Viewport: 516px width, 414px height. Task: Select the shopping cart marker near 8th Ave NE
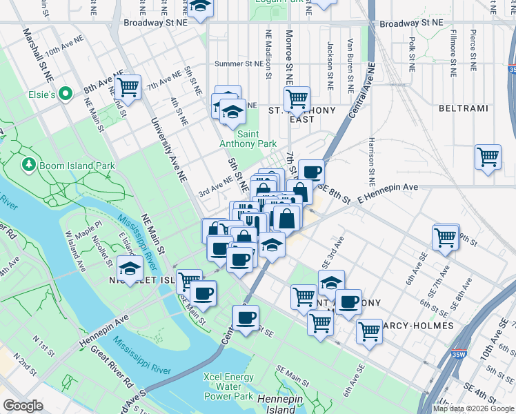128,88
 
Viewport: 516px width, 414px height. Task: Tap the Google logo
23,406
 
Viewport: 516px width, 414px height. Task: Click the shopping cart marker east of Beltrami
488,157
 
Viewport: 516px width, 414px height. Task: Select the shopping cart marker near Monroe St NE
297,98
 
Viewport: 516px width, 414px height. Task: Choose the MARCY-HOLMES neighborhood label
419,325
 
